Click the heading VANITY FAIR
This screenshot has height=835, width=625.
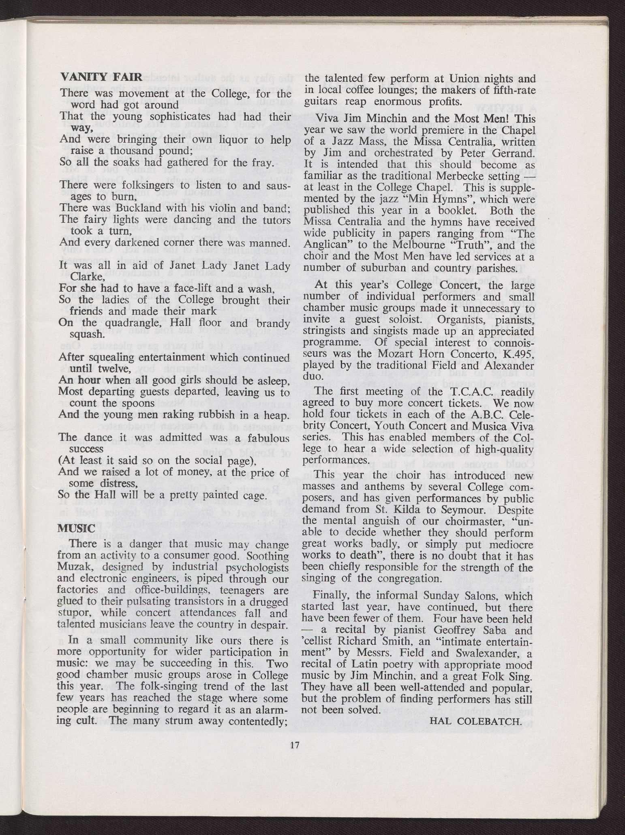click(101, 77)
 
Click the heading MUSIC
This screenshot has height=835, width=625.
click(76, 529)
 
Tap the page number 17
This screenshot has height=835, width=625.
click(295, 745)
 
